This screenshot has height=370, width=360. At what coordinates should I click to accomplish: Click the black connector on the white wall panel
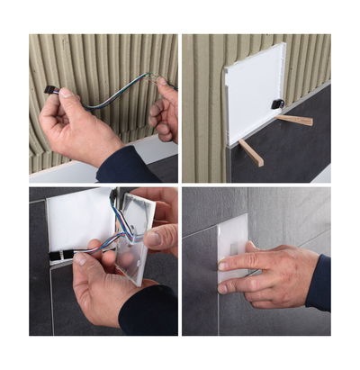point(278,103)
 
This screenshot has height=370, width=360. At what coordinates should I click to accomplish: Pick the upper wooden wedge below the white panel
point(294,120)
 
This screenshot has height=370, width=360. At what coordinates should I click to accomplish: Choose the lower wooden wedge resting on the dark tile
point(251,152)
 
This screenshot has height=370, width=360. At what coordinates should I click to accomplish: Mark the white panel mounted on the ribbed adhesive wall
point(256,90)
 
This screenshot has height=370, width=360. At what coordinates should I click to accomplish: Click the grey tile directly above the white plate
point(225,203)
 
